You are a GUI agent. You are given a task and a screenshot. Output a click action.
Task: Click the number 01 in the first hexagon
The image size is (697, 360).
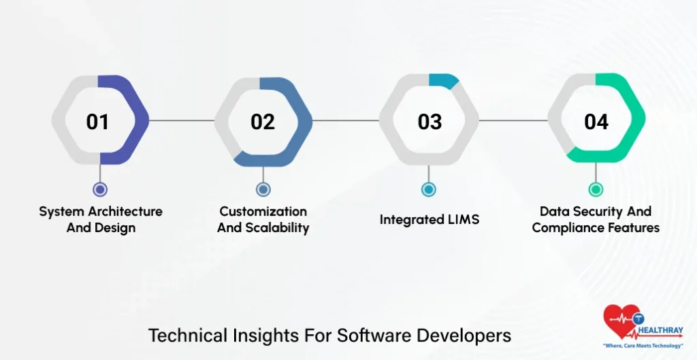(x=97, y=122)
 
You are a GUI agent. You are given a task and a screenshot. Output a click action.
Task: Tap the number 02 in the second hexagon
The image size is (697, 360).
(x=263, y=122)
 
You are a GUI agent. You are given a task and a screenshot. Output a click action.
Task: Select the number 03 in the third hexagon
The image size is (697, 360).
(x=429, y=122)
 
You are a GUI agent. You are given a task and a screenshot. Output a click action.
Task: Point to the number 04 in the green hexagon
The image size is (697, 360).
(x=596, y=122)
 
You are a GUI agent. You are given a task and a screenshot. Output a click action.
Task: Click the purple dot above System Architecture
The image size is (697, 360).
(x=100, y=190)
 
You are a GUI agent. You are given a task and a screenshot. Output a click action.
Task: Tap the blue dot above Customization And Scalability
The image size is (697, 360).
(x=263, y=190)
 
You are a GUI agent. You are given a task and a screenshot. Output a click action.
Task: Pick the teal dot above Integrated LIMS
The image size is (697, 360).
(x=428, y=190)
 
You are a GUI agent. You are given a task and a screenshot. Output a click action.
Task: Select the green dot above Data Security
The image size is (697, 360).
(x=596, y=190)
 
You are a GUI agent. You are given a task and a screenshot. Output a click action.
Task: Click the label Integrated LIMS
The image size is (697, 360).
(x=429, y=220)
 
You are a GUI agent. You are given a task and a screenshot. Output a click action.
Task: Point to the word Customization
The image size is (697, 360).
(x=263, y=212)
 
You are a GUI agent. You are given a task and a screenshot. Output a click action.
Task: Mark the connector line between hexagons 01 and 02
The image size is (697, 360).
(x=182, y=121)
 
